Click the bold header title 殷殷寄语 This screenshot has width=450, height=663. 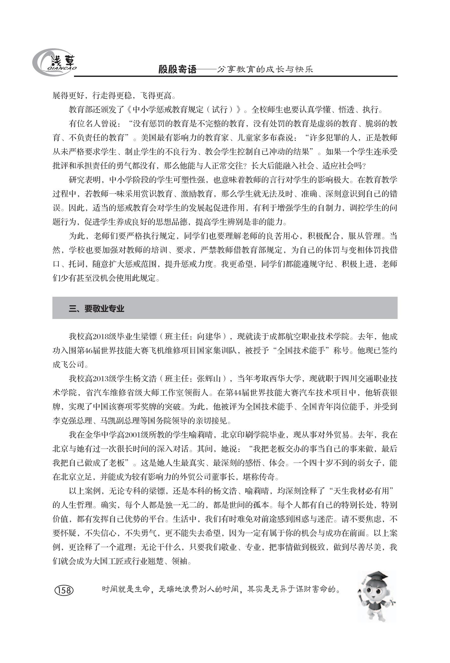click(178, 69)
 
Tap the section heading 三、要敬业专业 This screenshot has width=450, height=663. click(97, 308)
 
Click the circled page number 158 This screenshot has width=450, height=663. click(64, 590)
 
